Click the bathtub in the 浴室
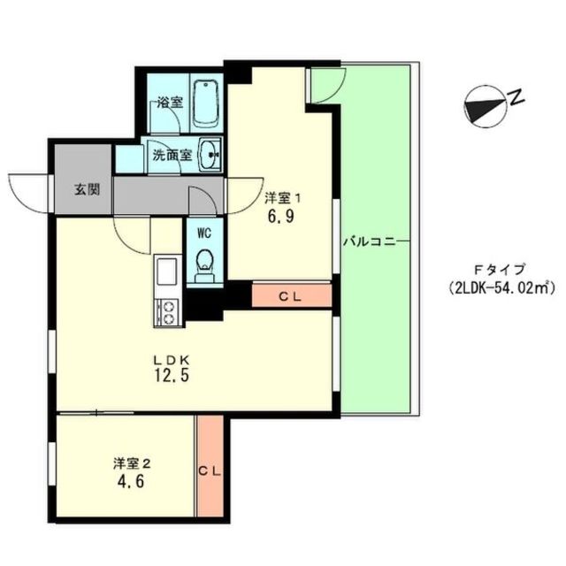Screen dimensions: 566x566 [x=206, y=104]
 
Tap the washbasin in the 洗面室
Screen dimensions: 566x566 [x=210, y=156]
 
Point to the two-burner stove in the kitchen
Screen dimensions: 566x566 [x=166, y=312]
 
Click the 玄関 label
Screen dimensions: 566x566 [x=88, y=189]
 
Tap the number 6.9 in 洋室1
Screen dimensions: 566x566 [x=281, y=216]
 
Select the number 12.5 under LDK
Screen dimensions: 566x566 [x=172, y=375]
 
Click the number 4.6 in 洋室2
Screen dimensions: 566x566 [x=131, y=481]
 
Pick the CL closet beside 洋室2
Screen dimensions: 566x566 [x=210, y=466]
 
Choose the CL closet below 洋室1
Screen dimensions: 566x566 [x=292, y=296]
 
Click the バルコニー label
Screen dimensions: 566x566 [x=370, y=241]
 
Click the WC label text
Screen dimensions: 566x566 [x=204, y=233]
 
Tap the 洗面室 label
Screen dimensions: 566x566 [x=172, y=156]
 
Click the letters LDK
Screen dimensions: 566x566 [x=172, y=359]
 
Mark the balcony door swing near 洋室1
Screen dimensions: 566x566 [x=326, y=85]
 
